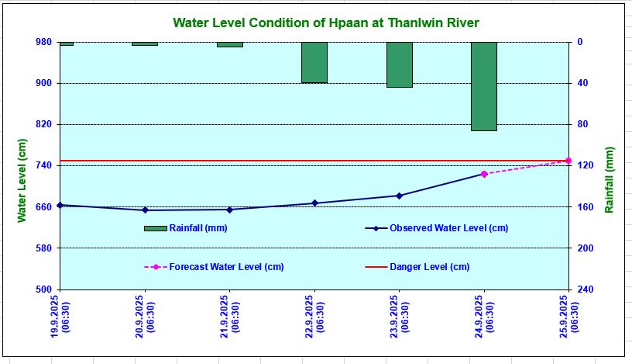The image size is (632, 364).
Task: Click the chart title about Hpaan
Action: point(325,23)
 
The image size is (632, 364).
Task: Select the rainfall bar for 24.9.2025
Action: point(484,86)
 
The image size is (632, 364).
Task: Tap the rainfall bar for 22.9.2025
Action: point(314,62)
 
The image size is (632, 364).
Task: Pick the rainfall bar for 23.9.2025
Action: point(400,64)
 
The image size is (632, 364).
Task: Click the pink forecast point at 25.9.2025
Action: point(568,161)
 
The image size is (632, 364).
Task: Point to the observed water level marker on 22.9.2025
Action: point(314,203)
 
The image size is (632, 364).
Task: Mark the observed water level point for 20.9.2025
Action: point(145,210)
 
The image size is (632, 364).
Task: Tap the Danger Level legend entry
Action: point(429,267)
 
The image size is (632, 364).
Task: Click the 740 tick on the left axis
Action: point(43,165)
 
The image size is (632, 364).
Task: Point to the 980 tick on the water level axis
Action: point(43,42)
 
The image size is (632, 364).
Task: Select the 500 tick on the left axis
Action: point(43,289)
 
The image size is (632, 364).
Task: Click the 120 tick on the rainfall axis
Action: point(586,165)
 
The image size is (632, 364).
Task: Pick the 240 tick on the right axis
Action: point(586,289)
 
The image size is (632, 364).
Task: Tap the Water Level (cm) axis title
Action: point(22,181)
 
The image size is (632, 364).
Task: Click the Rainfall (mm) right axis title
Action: point(610,181)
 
